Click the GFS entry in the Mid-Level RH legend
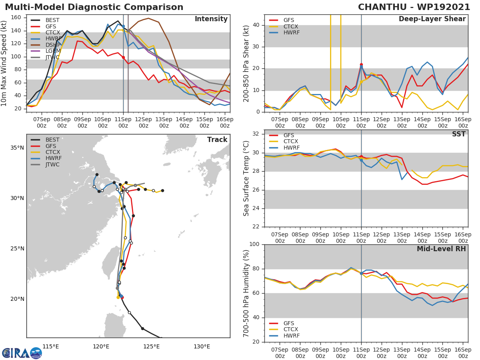[289, 323]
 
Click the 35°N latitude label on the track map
[17, 148]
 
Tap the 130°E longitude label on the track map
[202, 346]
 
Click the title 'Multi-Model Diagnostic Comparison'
[94, 7]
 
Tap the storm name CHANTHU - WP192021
[414, 7]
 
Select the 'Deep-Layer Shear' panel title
[432, 19]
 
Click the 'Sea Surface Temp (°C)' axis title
[246, 178]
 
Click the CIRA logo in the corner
[22, 353]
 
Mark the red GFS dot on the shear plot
[361, 64]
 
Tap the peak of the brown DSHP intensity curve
[148, 18]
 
